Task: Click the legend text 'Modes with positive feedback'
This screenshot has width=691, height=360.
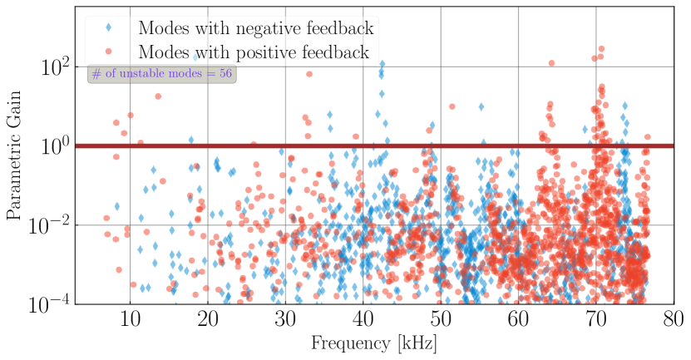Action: tap(254, 53)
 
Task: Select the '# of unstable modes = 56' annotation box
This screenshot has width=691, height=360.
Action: tap(162, 74)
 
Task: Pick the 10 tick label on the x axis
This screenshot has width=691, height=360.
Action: tap(130, 319)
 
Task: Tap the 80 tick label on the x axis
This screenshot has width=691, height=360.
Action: tap(673, 319)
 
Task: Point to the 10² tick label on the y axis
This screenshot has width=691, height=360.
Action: tap(56, 67)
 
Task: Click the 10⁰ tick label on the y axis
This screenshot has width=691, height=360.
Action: tap(56, 146)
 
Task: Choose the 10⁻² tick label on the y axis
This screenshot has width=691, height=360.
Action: tap(52, 225)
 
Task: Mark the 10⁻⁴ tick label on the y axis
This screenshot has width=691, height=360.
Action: tap(52, 304)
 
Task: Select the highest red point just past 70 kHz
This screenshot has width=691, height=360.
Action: tap(601, 49)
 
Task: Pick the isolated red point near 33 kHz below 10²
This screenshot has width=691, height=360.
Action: tap(309, 74)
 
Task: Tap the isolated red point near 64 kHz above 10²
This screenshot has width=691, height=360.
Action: tap(551, 63)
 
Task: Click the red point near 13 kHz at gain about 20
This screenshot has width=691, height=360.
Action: tap(158, 96)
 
